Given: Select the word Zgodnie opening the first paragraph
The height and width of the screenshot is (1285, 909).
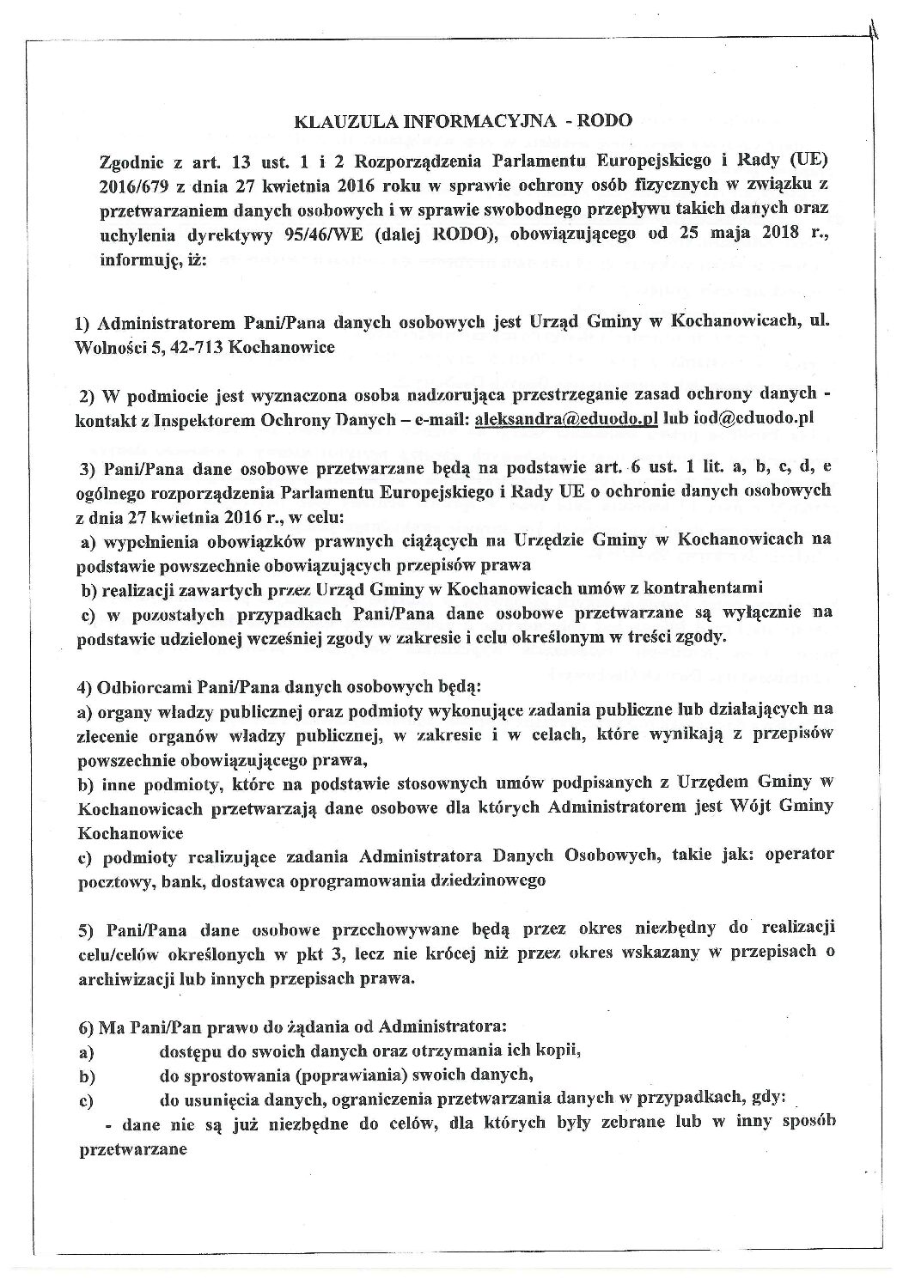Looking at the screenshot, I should tap(126, 161).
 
